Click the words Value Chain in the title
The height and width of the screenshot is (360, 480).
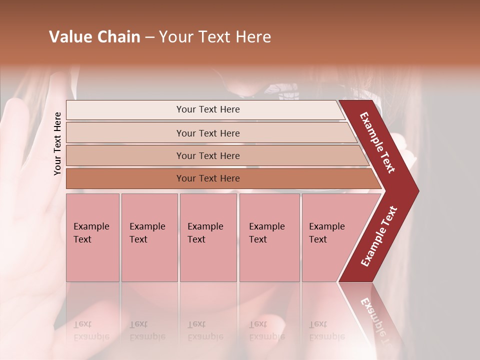point(94,37)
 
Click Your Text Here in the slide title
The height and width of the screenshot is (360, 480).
point(215,37)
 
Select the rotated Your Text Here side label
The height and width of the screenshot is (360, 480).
point(57,143)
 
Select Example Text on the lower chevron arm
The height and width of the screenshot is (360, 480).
point(379,236)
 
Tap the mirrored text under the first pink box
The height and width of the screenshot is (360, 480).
point(91,330)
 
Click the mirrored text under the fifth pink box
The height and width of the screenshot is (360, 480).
point(326,330)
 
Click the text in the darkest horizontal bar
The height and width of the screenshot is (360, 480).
point(208,178)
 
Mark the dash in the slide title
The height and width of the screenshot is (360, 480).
point(149,37)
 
